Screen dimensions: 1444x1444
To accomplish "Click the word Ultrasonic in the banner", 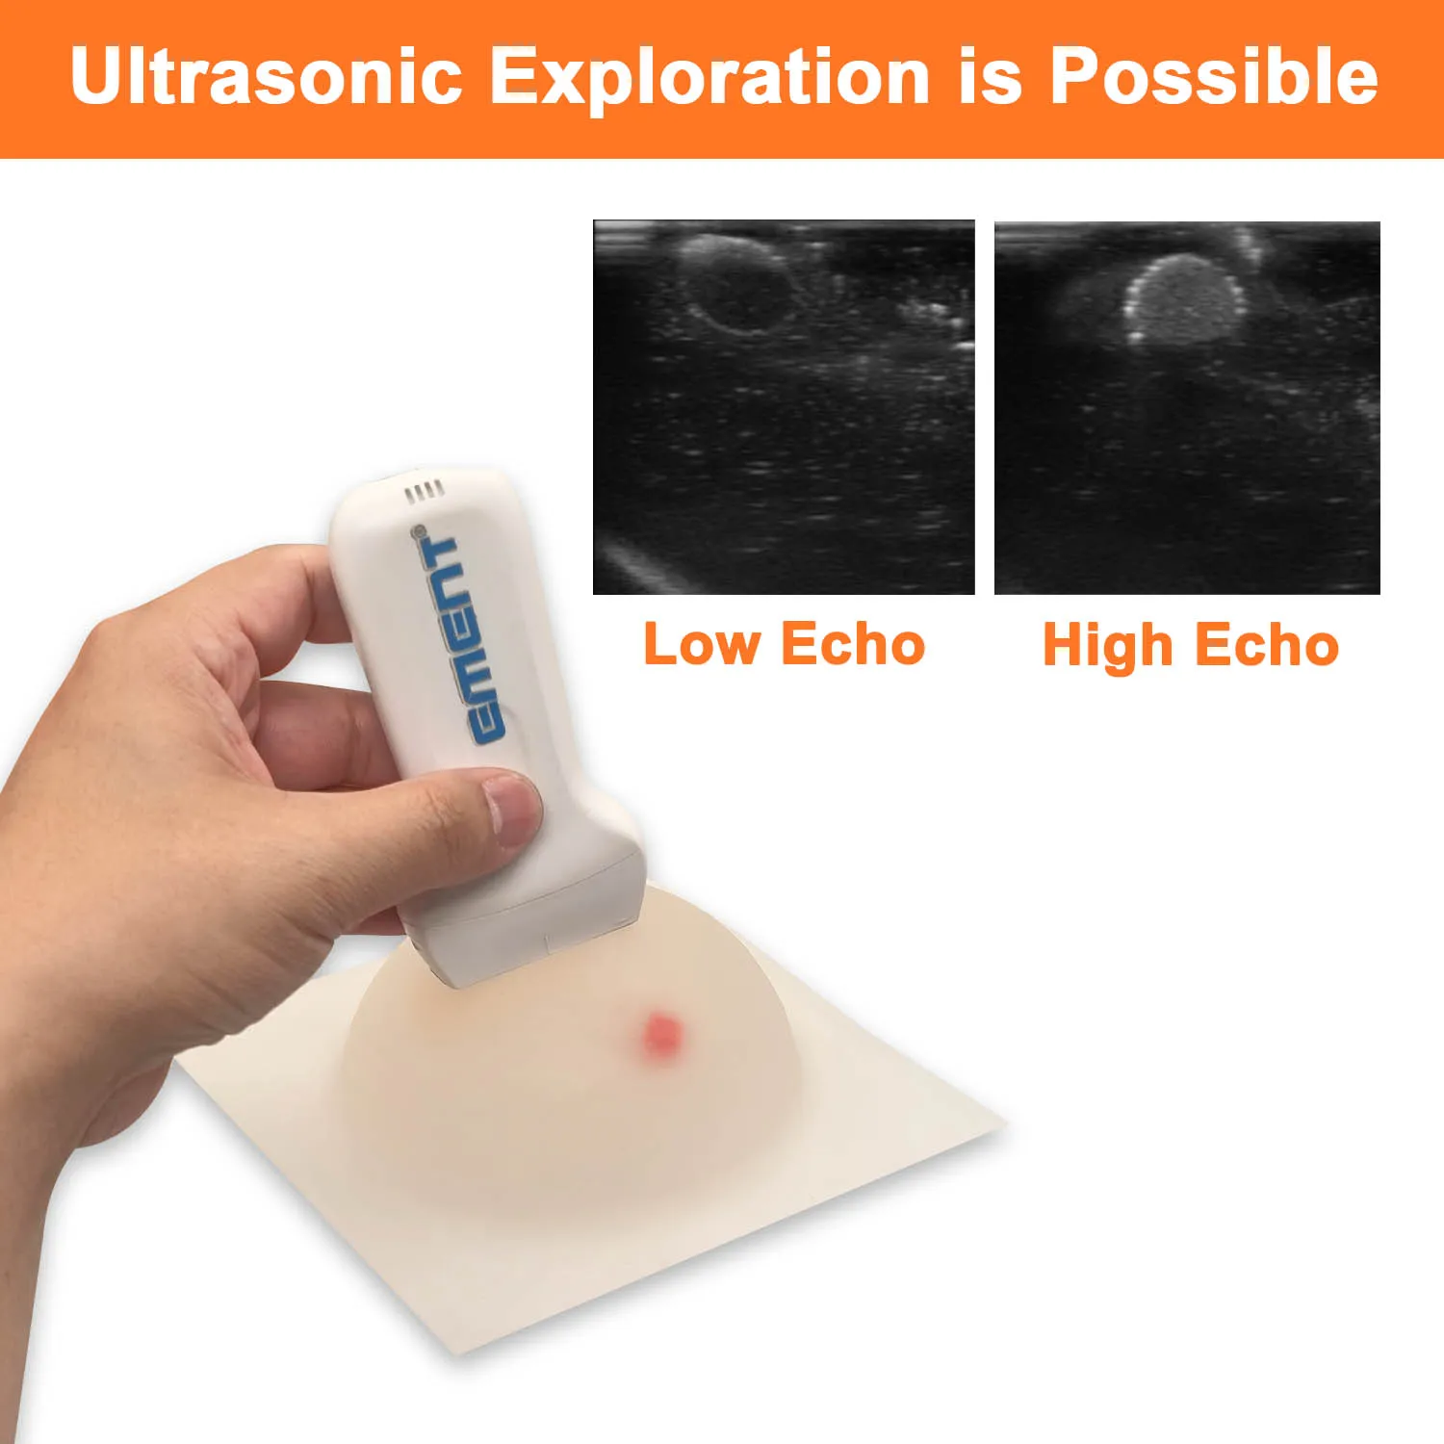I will [x=266, y=76].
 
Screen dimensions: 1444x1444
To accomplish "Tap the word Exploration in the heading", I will [x=710, y=76].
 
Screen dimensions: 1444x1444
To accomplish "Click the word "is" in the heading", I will [x=989, y=76].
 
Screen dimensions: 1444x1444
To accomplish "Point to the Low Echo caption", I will [x=784, y=644].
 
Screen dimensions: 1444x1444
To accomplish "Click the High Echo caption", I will [x=1190, y=644].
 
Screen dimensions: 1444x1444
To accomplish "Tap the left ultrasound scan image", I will [x=784, y=407].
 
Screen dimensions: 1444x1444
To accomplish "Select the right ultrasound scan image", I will [x=1187, y=407].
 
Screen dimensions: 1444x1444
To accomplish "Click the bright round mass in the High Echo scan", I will [x=1182, y=299].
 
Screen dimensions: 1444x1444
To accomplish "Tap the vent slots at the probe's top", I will [x=424, y=492].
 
